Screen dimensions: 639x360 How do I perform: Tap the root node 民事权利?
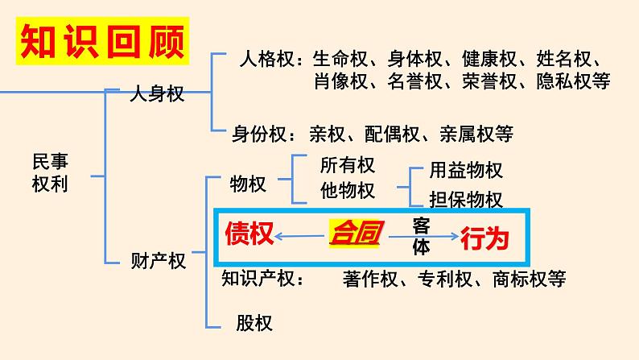click(x=50, y=172)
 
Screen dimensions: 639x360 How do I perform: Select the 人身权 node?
click(x=157, y=93)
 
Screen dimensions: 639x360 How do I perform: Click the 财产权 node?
click(x=158, y=260)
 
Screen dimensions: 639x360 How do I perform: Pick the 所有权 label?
click(x=348, y=165)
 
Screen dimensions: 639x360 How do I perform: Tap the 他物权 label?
click(x=348, y=191)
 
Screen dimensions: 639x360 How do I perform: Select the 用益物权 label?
click(x=466, y=171)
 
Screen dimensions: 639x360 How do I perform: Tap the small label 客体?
click(x=421, y=235)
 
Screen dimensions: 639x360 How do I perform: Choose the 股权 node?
click(x=254, y=324)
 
